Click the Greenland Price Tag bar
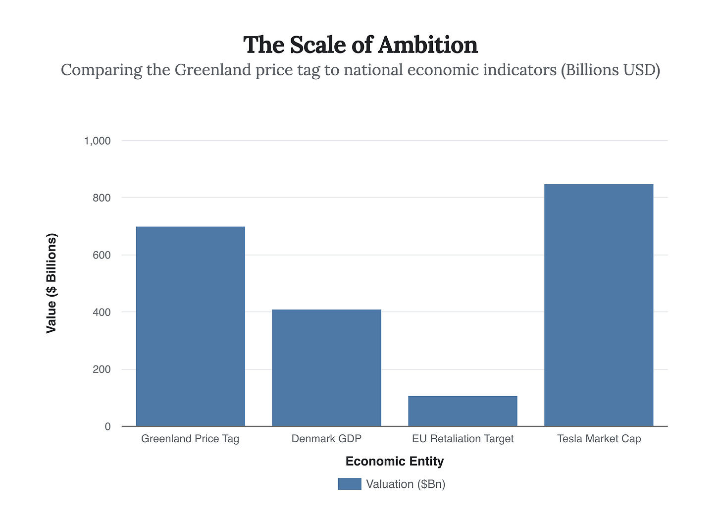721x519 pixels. pos(190,326)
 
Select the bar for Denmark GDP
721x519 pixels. pos(326,368)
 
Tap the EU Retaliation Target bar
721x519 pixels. pos(463,411)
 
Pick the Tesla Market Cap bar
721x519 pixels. pos(598,305)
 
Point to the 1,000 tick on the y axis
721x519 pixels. pos(97,141)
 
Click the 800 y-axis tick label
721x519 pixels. pos(101,198)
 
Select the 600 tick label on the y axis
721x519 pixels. pos(101,256)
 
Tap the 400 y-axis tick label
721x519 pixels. pos(101,312)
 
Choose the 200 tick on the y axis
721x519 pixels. pos(101,370)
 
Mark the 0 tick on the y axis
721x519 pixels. pos(107,427)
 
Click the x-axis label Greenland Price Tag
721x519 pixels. pos(190,439)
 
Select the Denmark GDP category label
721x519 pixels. pos(326,439)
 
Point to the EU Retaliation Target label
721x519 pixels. pos(463,439)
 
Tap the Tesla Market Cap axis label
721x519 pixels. pos(599,439)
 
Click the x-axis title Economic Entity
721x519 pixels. pos(395,462)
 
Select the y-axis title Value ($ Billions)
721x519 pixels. pos(51,283)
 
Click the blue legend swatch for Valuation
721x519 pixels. pos(350,484)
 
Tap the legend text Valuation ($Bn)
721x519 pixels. pos(406,484)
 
